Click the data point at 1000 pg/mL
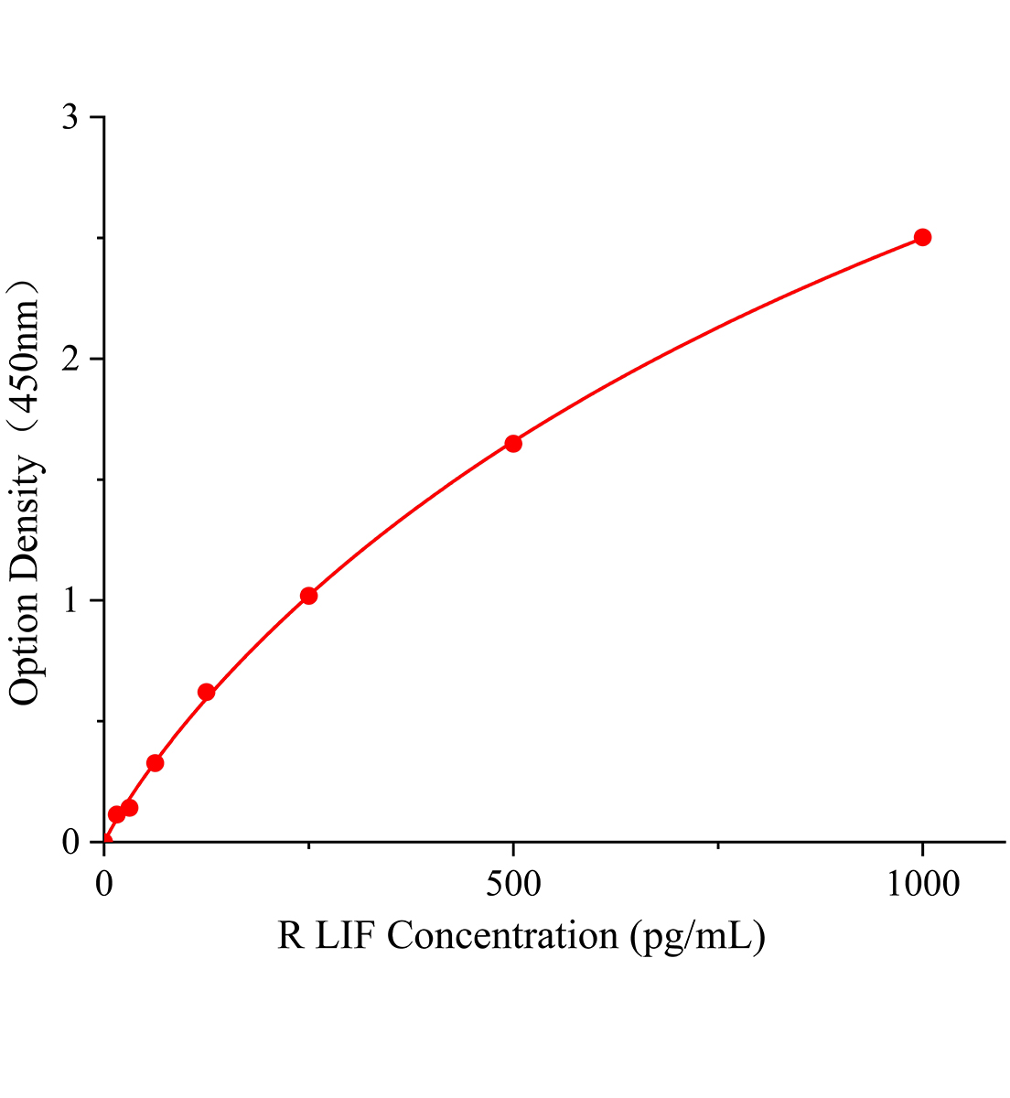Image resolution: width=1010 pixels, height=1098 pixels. point(922,238)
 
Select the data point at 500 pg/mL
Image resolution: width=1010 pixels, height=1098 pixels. point(513,444)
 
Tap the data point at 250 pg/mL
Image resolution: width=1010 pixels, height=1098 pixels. point(308,596)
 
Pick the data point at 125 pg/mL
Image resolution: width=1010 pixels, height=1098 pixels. point(206,692)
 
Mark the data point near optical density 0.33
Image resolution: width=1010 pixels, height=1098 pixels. point(155,762)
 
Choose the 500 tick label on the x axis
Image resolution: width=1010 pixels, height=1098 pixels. point(513,884)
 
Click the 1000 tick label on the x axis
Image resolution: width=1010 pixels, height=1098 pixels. point(922,884)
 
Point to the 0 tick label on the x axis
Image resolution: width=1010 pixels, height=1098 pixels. point(104,884)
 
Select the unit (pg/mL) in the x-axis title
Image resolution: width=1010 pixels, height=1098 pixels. point(697,937)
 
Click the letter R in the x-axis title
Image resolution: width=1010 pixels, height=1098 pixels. point(290,936)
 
